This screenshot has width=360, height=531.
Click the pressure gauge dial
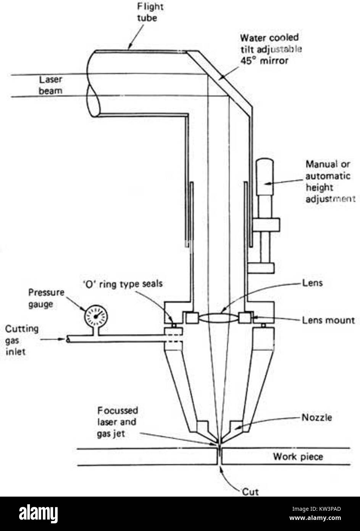[96, 316]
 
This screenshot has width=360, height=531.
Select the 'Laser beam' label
[50, 85]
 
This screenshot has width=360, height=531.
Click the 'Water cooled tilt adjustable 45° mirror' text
[271, 49]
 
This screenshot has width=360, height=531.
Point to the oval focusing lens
[219, 318]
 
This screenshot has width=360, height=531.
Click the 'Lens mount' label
[328, 320]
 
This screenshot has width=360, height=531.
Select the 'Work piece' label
[298, 457]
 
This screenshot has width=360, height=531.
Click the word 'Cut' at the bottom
[250, 492]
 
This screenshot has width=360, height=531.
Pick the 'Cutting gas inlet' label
[21, 340]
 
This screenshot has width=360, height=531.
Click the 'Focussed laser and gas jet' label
[118, 422]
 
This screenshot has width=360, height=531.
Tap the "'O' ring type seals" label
[123, 284]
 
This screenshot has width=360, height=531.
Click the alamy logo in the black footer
[38, 513]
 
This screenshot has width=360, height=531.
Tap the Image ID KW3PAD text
[316, 509]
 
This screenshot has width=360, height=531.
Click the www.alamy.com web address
[315, 518]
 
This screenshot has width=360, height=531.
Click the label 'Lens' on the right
[312, 283]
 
